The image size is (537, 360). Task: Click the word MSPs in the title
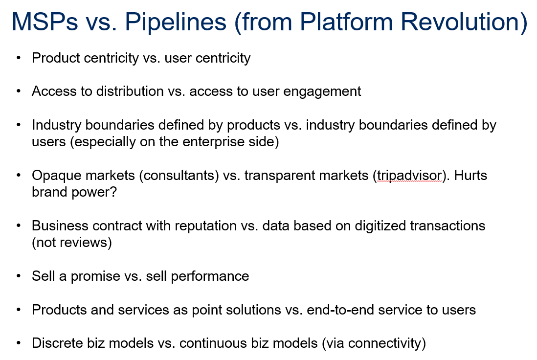click(45, 22)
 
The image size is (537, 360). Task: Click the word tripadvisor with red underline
click(410, 176)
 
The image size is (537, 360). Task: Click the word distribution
click(130, 91)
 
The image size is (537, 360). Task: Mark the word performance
click(210, 276)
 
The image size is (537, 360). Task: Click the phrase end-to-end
click(340, 310)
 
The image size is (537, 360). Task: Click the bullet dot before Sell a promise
click(19, 276)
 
